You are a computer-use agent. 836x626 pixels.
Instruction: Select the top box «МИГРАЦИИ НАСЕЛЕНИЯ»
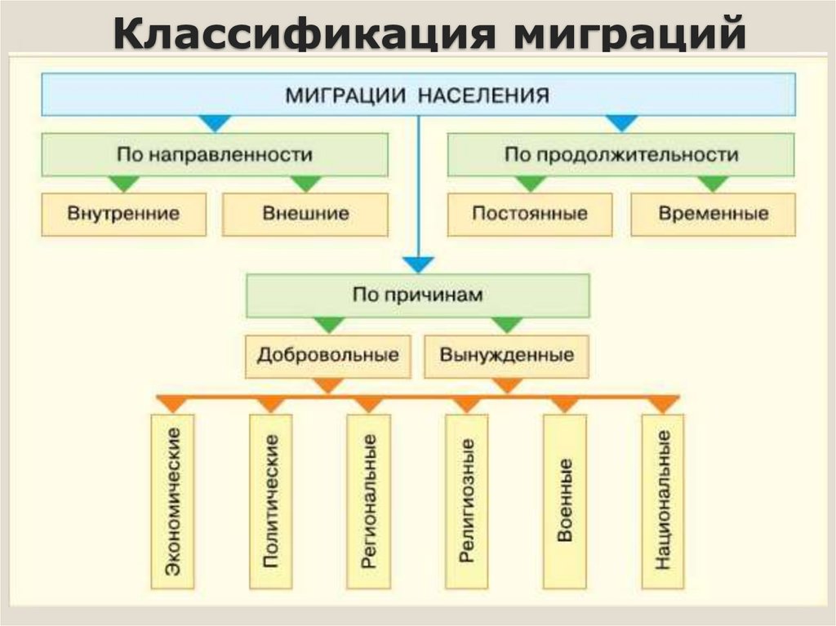pyautogui.click(x=418, y=95)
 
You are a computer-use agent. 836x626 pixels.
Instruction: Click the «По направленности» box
pyautogui.click(x=215, y=154)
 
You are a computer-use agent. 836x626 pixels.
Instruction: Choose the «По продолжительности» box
pyautogui.click(x=621, y=154)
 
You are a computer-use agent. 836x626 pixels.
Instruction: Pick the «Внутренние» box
pyautogui.click(x=124, y=215)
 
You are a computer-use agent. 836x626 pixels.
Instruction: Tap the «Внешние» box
pyautogui.click(x=305, y=215)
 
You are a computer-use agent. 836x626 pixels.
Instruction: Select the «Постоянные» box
pyautogui.click(x=530, y=215)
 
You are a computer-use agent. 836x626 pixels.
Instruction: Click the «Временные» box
pyautogui.click(x=713, y=215)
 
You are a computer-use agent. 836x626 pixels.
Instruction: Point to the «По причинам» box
pyautogui.click(x=418, y=295)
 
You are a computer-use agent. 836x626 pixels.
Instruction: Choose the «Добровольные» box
pyautogui.click(x=328, y=356)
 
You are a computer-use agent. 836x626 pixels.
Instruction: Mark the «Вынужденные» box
pyautogui.click(x=507, y=356)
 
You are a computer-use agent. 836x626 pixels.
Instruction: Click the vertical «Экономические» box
pyautogui.click(x=173, y=501)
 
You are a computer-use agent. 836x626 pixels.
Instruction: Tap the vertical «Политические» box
pyautogui.click(x=271, y=501)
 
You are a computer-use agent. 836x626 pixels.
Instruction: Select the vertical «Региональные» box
pyautogui.click(x=369, y=501)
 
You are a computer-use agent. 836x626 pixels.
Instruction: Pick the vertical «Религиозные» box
pyautogui.click(x=467, y=501)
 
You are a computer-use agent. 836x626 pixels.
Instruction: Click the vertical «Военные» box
pyautogui.click(x=565, y=501)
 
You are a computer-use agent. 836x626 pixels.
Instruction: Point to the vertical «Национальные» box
pyautogui.click(x=663, y=501)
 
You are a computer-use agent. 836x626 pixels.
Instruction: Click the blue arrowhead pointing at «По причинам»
pyautogui.click(x=419, y=264)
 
